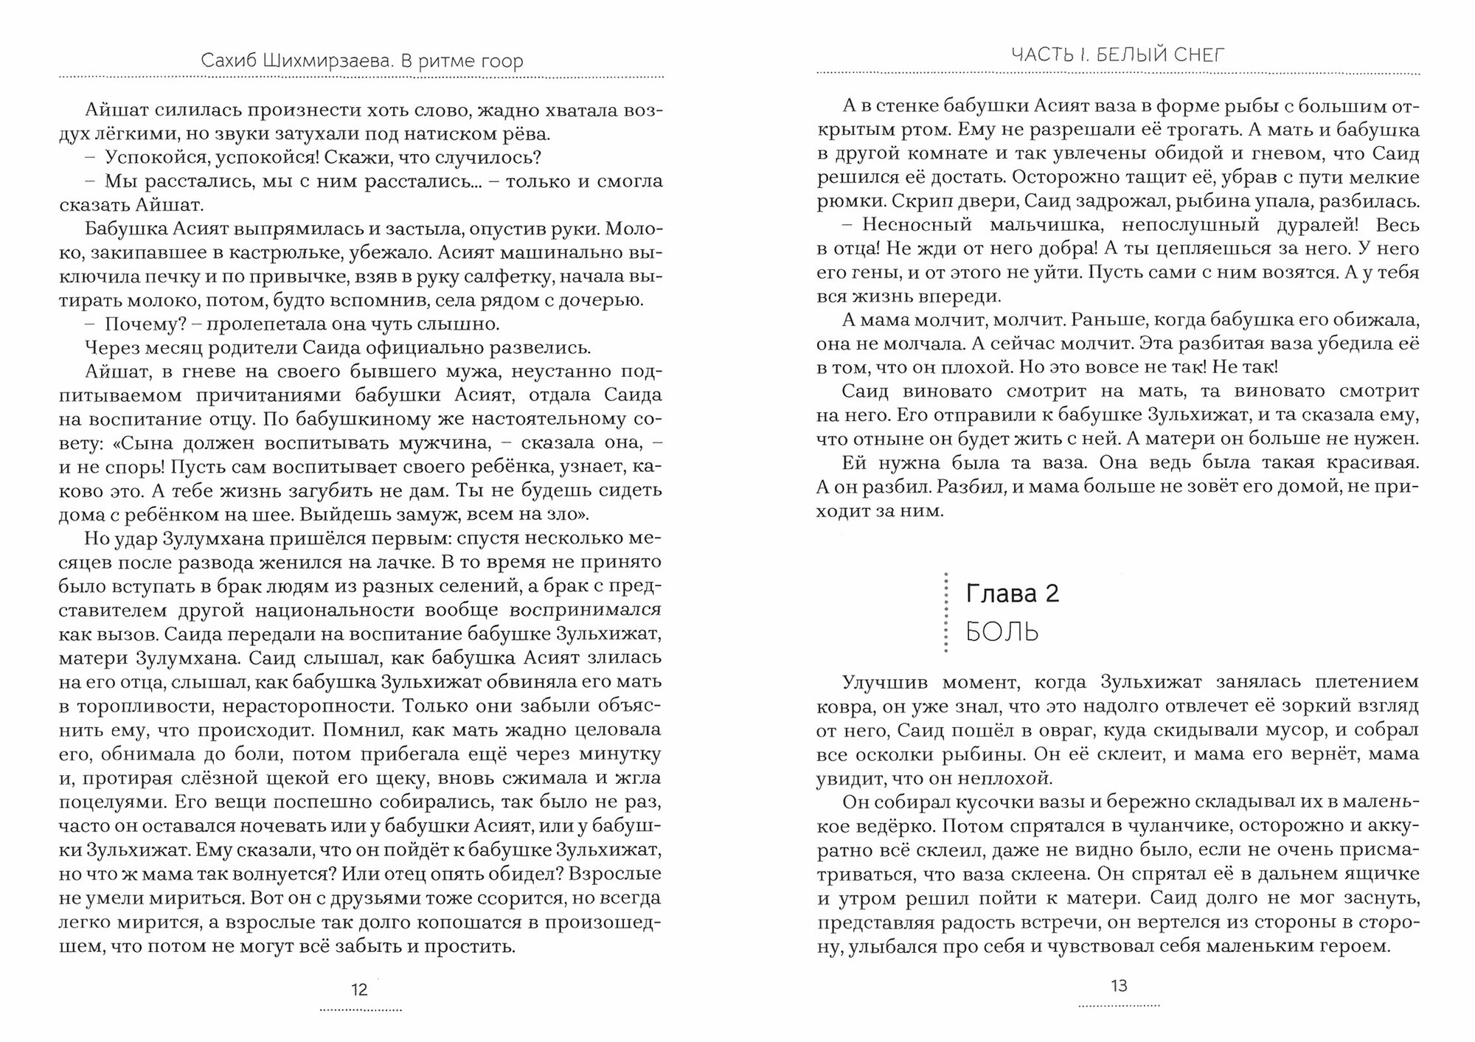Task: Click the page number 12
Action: click(359, 990)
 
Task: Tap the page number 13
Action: click(1119, 985)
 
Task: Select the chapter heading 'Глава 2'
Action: click(1012, 593)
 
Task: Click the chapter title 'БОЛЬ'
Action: click(1002, 632)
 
